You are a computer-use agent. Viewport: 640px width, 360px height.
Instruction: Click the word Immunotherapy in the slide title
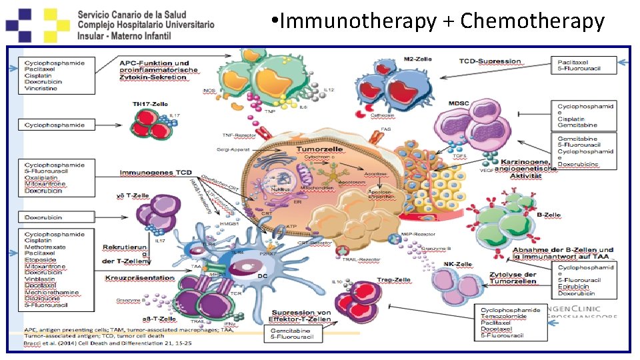coord(357,21)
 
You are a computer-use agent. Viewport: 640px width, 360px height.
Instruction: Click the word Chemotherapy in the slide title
coord(532,21)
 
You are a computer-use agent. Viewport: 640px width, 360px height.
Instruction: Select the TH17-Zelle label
coord(151,105)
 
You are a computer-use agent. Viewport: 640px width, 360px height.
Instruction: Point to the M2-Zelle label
coord(417,59)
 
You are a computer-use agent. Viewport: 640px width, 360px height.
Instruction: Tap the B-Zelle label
coord(548,215)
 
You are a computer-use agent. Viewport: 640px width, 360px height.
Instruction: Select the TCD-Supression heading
coord(489,61)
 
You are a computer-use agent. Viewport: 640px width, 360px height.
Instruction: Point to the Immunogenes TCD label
coord(156,173)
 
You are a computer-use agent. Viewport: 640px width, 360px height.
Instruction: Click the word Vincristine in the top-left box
coord(42,88)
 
